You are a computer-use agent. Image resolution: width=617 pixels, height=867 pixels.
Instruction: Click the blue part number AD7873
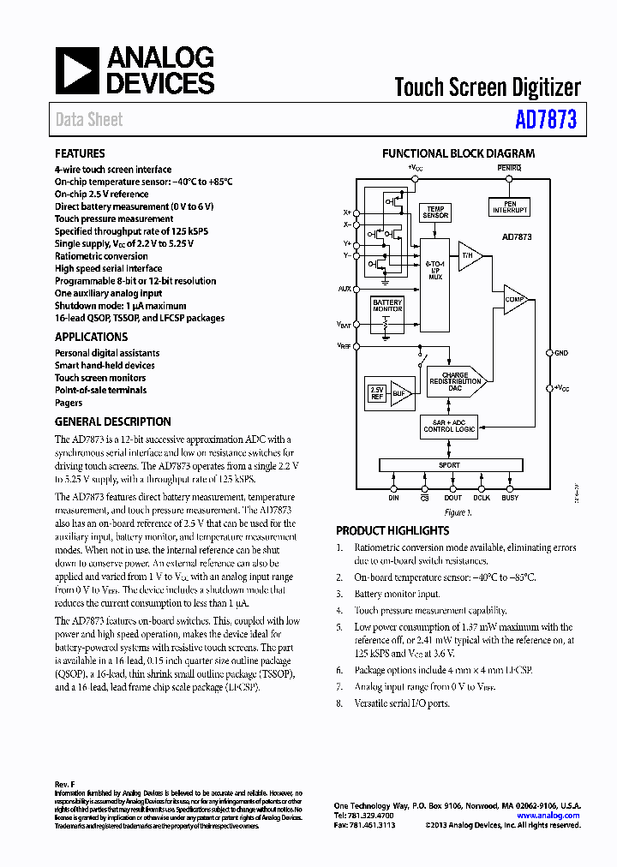coord(545,120)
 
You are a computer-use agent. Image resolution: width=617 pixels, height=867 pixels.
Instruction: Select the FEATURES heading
coord(80,154)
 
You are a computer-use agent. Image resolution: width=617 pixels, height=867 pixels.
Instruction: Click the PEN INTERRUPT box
coord(510,206)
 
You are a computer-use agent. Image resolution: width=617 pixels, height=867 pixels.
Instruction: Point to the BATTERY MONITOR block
coord(386,307)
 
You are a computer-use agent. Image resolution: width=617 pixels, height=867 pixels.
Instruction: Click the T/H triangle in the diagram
coord(468,256)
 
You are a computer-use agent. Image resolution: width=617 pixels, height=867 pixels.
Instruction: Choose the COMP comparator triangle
coord(514,299)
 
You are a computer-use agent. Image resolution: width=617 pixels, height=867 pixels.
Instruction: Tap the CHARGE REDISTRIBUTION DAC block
coord(455,381)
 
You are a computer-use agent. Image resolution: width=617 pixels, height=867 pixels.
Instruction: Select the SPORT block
coord(449,465)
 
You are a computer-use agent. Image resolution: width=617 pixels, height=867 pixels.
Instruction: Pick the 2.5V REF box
coord(376,393)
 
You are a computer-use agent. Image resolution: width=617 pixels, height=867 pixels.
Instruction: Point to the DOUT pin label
coord(452,498)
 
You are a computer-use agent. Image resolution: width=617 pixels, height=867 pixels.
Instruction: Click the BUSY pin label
coord(510,498)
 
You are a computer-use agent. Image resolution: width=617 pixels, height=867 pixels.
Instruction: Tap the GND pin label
coord(561,353)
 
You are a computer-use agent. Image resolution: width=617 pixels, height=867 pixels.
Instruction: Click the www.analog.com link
coord(548,816)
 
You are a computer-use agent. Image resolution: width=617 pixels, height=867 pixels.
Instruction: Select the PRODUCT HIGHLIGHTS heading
coord(392,531)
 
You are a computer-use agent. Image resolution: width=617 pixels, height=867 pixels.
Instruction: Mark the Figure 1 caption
coord(458,512)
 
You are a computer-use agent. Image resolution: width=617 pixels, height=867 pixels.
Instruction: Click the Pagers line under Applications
coord(69,403)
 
